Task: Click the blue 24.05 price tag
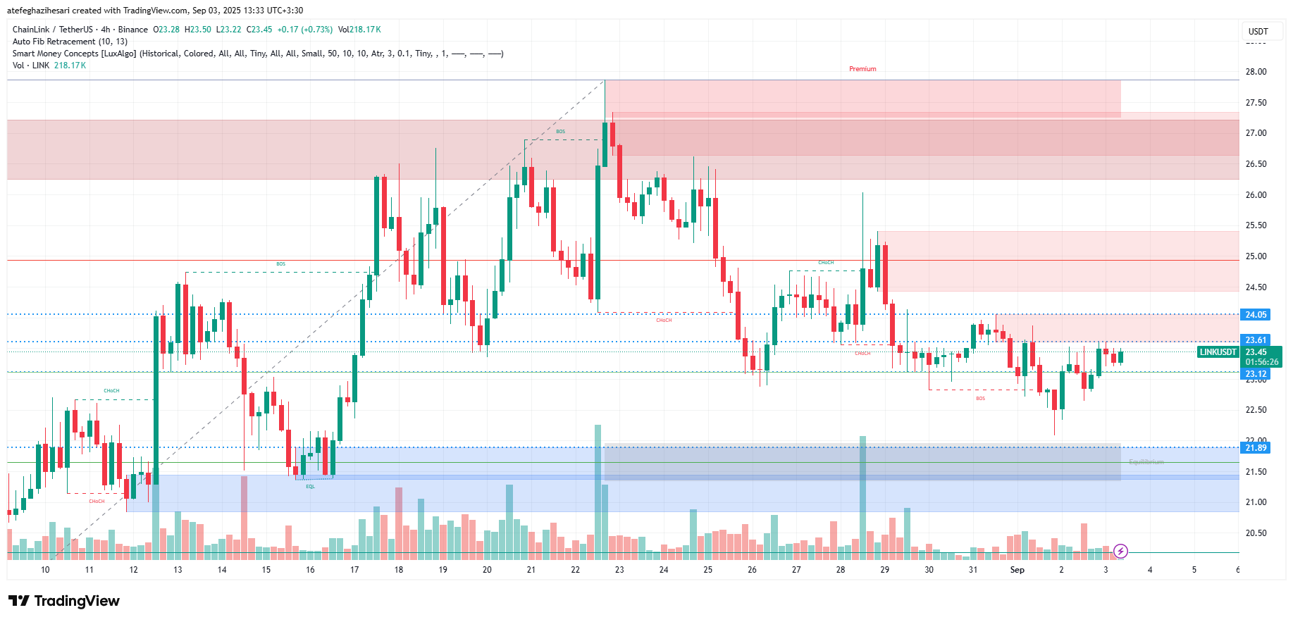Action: (x=1256, y=315)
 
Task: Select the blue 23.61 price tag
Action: (x=1256, y=340)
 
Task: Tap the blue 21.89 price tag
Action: (x=1256, y=448)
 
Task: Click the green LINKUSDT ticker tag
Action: (x=1218, y=352)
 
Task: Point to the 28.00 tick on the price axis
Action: (x=1256, y=72)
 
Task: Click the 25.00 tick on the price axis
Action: (x=1256, y=256)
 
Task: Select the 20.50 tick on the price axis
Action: (x=1256, y=533)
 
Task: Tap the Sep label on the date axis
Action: (x=1017, y=570)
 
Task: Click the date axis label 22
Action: (x=575, y=570)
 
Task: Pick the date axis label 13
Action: (x=178, y=570)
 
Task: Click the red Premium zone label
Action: (x=862, y=69)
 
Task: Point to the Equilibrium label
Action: (x=1146, y=462)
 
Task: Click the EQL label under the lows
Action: (x=310, y=487)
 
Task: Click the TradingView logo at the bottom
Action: (x=64, y=601)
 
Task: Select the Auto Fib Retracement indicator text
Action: (x=70, y=42)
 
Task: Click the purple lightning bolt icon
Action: (x=1120, y=551)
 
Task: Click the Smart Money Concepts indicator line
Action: (x=257, y=54)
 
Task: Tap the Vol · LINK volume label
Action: (x=31, y=66)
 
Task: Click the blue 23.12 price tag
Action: (x=1256, y=374)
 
